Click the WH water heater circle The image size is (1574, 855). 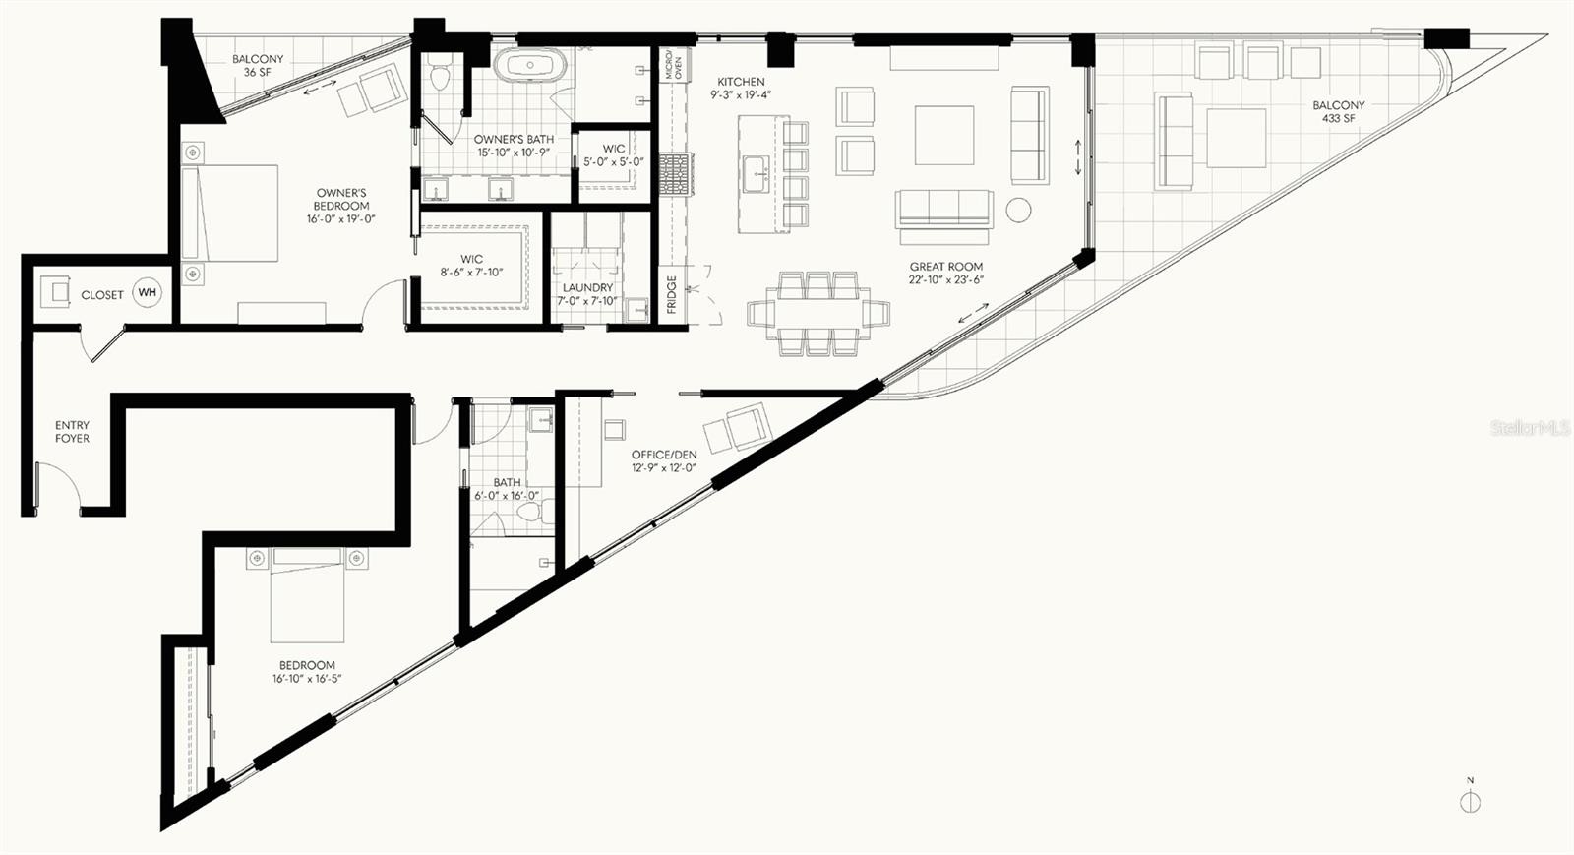(x=147, y=293)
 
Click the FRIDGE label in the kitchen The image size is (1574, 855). (x=672, y=294)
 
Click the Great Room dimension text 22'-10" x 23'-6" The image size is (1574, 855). (x=945, y=279)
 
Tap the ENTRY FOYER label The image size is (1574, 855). (x=73, y=431)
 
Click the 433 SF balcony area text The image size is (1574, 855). (x=1339, y=119)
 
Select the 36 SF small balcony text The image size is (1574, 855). (x=258, y=73)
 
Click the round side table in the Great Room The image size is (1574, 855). (x=1017, y=211)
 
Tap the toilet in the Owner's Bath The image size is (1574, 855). (x=440, y=74)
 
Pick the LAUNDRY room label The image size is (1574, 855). (x=587, y=287)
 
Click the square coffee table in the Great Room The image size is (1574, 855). (x=943, y=136)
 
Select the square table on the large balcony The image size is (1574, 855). (x=1236, y=137)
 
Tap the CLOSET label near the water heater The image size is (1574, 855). (x=102, y=295)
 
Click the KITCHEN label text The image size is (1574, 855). (x=741, y=82)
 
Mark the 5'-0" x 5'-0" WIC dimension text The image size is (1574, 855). (x=614, y=162)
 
